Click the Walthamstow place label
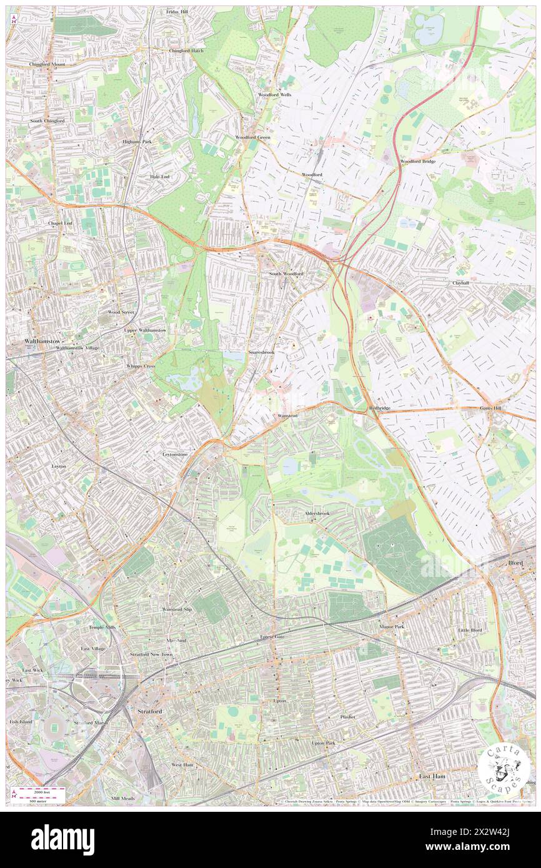pos(25,342)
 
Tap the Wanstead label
pos(284,415)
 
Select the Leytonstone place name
pos(175,454)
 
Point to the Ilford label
pos(515,563)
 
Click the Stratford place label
pos(149,711)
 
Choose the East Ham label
pos(432,776)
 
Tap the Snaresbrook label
pos(261,352)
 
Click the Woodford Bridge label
pos(418,161)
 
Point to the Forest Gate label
pos(272,637)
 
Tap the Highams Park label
pos(137,141)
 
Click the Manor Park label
pos(392,626)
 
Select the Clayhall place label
pos(461,282)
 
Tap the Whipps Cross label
pos(141,366)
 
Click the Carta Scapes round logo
pos(505,767)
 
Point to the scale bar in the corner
pos(39,794)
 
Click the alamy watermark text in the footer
pos(62,840)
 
